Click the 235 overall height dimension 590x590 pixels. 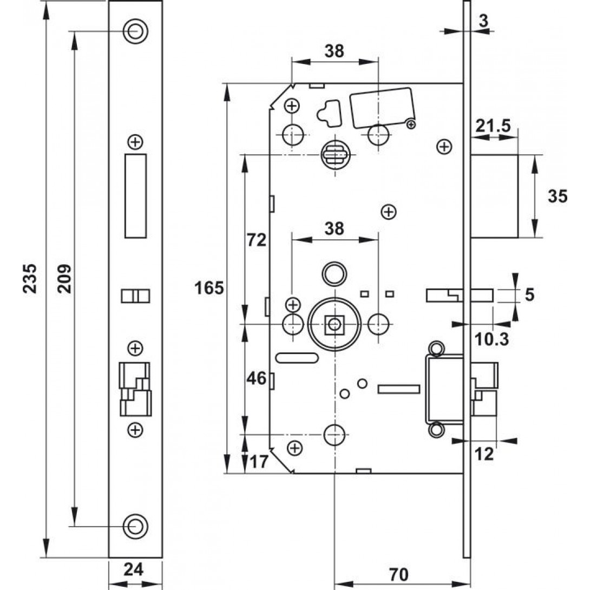[31, 278]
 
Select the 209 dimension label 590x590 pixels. [64, 278]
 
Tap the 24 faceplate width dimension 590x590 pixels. [135, 570]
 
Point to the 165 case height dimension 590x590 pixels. [209, 288]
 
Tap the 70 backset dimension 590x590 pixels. [399, 572]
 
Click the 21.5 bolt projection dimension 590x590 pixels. [493, 126]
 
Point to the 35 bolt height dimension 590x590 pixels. [557, 196]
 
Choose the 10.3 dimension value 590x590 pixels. [490, 339]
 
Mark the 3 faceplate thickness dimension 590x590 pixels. [483, 21]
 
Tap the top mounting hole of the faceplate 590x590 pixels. [135, 31]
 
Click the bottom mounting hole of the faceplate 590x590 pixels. [135, 525]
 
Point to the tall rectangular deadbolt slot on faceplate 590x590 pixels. [135, 196]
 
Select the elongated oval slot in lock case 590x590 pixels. [297, 357]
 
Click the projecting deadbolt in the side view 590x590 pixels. [494, 196]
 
